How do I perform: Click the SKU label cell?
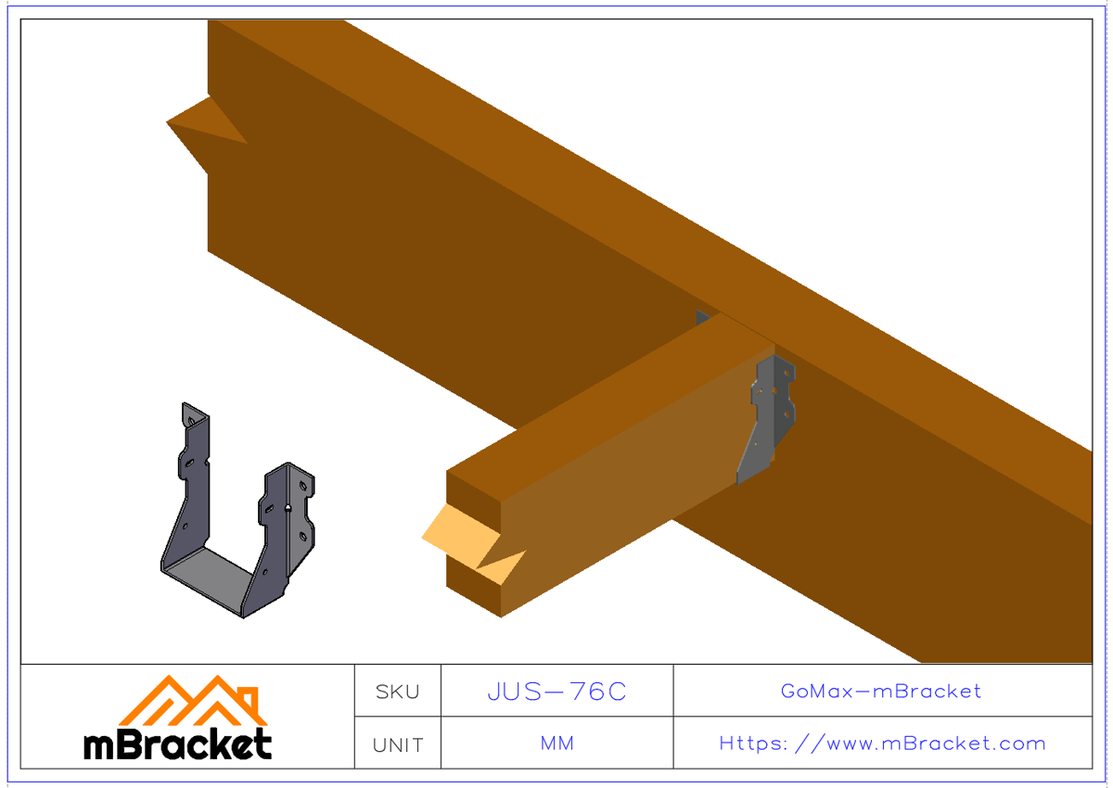click(x=397, y=692)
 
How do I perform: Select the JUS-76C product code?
click(x=556, y=692)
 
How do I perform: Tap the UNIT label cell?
click(x=397, y=744)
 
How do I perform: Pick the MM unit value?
click(x=556, y=744)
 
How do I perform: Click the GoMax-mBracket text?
click(x=881, y=691)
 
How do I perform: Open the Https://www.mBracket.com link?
click(x=882, y=744)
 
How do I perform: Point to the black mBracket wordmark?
click(x=178, y=744)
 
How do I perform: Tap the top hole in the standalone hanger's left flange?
click(x=191, y=422)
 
